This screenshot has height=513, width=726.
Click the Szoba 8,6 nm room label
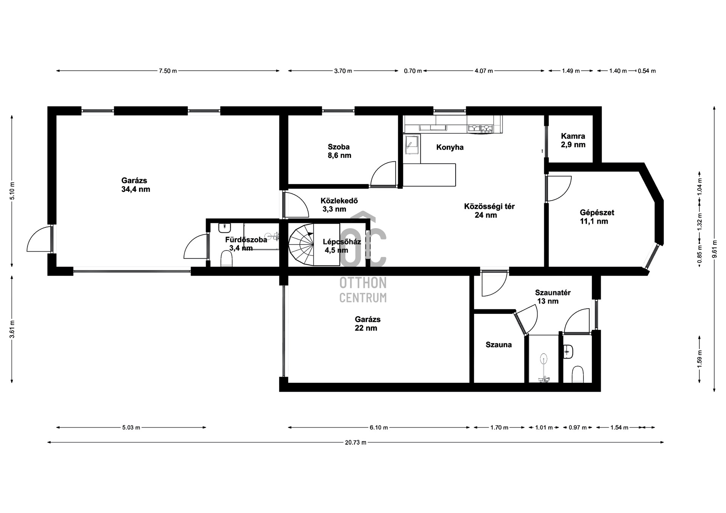(339, 151)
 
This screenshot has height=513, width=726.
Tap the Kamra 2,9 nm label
(573, 140)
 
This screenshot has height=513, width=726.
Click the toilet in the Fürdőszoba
(226, 260)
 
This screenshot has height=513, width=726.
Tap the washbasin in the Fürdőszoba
(225, 228)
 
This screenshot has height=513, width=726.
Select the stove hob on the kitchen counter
(480, 128)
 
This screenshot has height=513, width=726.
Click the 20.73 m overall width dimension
(355, 442)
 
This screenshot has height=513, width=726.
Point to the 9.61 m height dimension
(714, 249)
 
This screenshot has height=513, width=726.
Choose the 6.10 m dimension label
(379, 427)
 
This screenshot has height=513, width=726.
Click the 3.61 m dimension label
(12, 329)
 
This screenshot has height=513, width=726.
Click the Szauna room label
(499, 345)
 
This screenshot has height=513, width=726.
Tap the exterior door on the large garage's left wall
(39, 238)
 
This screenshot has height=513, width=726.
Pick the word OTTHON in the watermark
(363, 283)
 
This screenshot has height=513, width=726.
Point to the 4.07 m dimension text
(484, 71)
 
